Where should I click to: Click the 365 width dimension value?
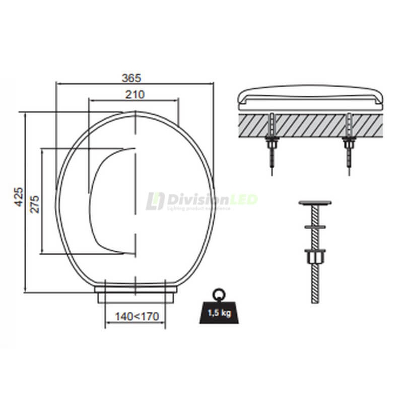pyautogui.click(x=131, y=78)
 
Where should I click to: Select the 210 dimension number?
pyautogui.click(x=135, y=94)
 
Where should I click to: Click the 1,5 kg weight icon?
pyautogui.click(x=218, y=311)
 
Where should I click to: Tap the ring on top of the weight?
pyautogui.click(x=218, y=293)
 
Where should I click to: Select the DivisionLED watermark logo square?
pyautogui.click(x=155, y=201)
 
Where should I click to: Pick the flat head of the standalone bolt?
pyautogui.click(x=315, y=203)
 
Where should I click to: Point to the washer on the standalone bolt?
pyautogui.click(x=315, y=227)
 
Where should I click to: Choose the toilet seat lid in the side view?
pyautogui.click(x=310, y=97)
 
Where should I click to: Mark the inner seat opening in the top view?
pyautogui.click(x=113, y=201)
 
